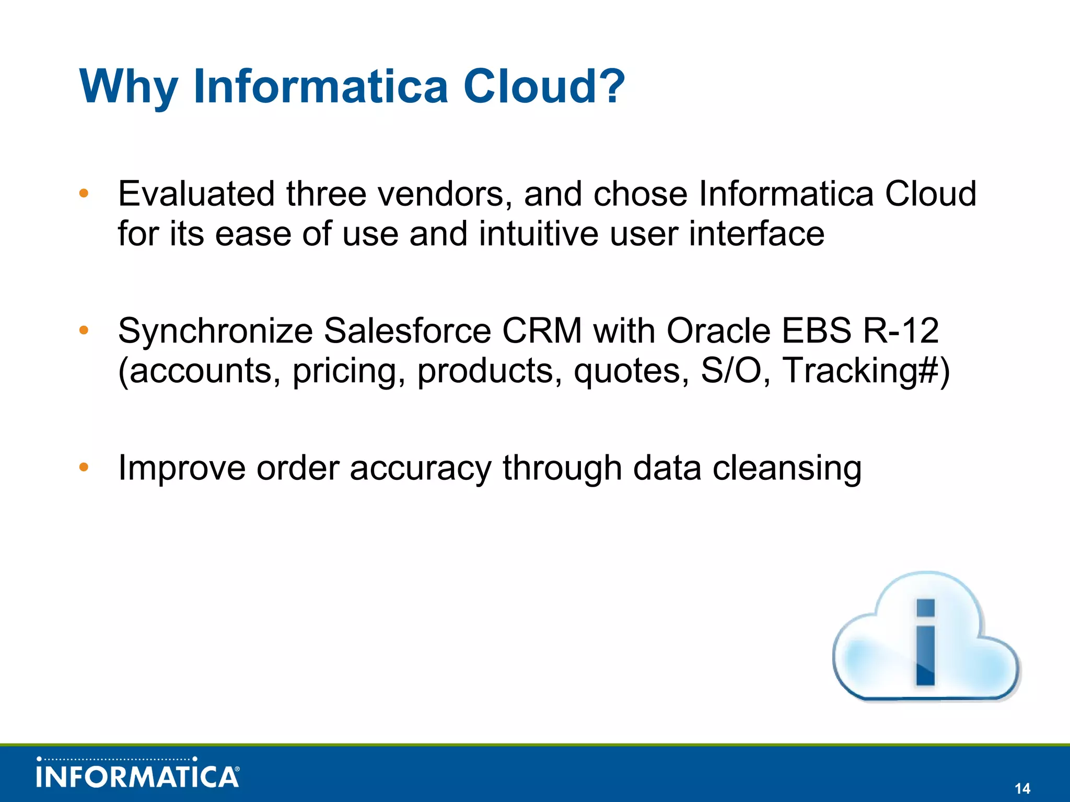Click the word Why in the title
point(129,87)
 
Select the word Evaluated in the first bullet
point(196,194)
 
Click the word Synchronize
point(215,331)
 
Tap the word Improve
point(181,468)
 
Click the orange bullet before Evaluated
point(84,194)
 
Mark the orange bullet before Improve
point(84,467)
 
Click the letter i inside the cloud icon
point(925,642)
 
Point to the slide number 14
point(1022,788)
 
